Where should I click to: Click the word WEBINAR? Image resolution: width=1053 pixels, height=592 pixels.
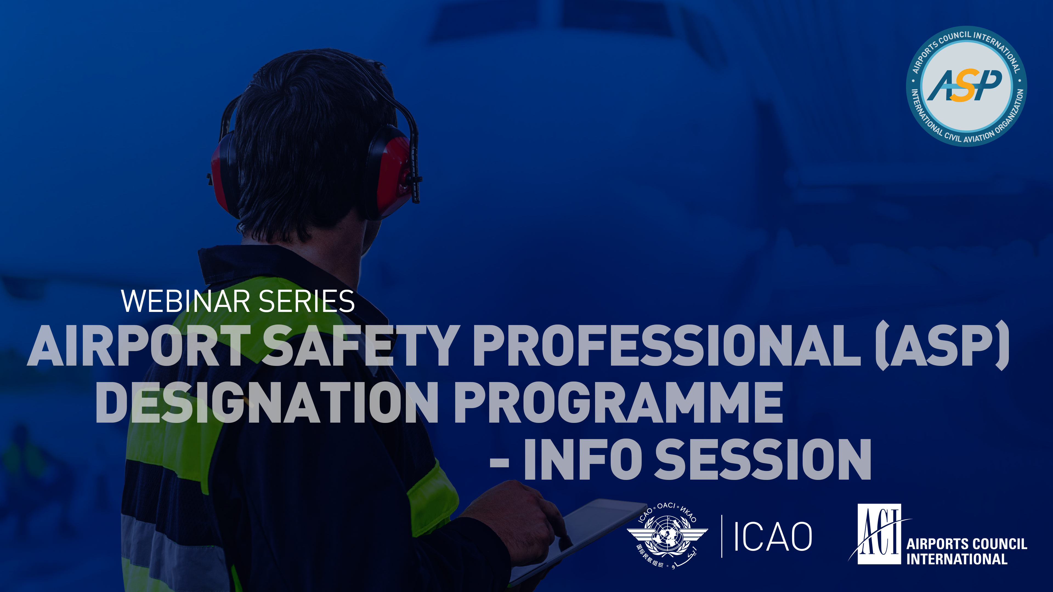click(x=186, y=301)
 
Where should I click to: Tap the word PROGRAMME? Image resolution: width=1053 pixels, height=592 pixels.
click(x=618, y=402)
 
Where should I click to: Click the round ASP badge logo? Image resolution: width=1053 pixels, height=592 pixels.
click(x=966, y=86)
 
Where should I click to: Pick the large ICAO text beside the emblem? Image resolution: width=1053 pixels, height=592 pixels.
click(x=772, y=536)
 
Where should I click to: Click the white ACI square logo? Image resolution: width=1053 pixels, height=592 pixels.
click(x=879, y=534)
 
